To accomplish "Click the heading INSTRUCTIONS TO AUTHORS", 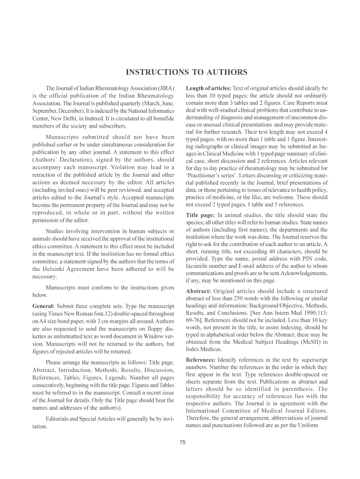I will click(186, 73).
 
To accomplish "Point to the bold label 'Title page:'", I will click(201, 215).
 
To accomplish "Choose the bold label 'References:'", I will click(201, 360).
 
